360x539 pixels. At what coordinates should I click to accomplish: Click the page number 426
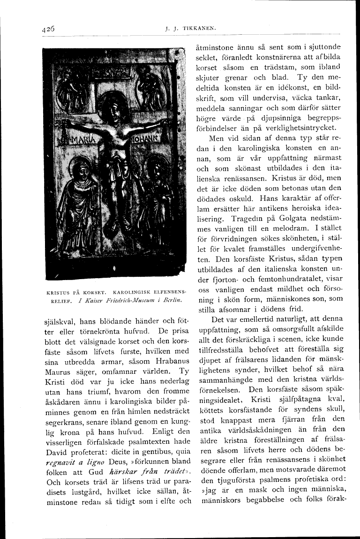coord(48,28)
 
